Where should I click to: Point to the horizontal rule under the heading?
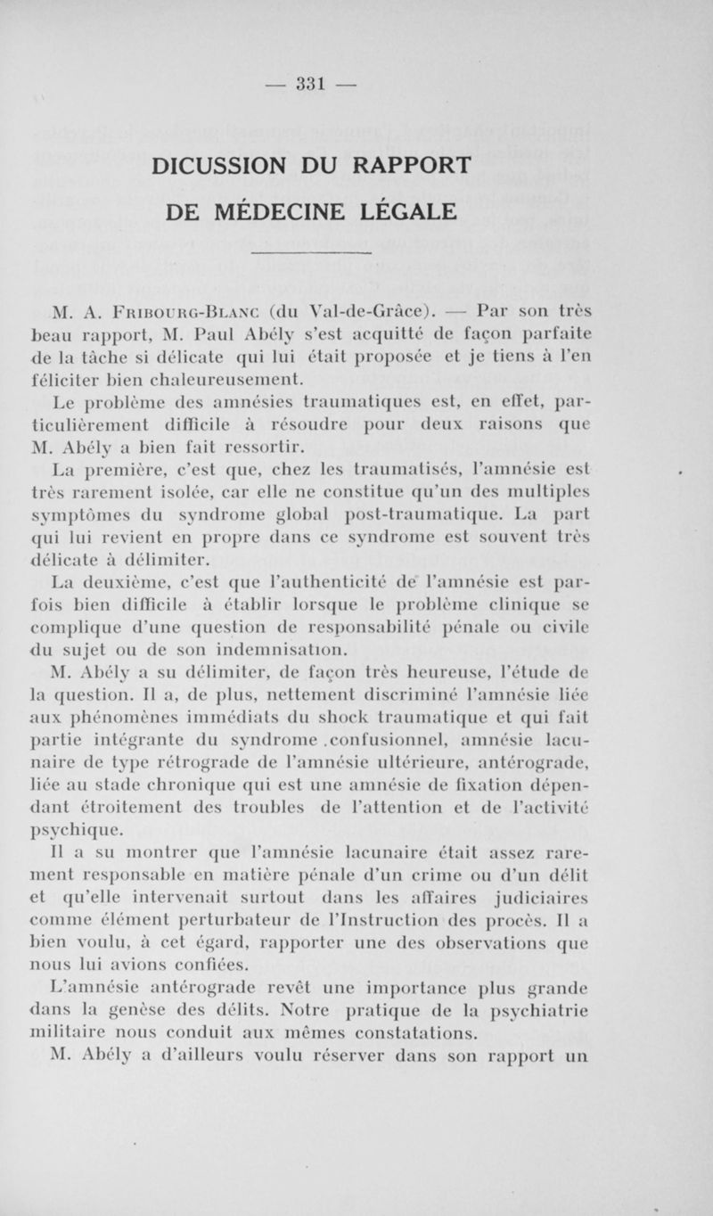[311, 255]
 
